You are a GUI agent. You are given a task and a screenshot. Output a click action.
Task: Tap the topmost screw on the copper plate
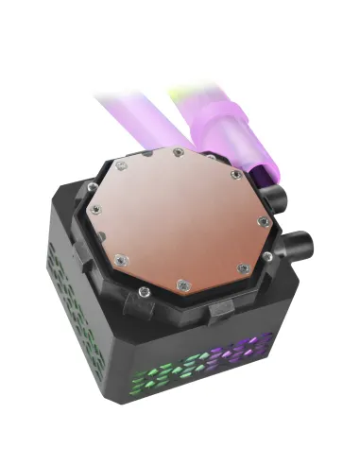pos(177,152)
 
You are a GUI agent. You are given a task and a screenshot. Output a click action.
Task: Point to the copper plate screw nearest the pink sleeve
pos(234,174)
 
